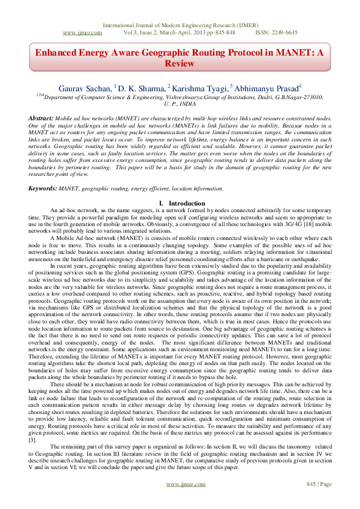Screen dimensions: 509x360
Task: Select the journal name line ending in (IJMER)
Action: pyautogui.click(x=180, y=25)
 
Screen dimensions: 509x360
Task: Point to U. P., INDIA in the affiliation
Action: pyautogui.click(x=180, y=103)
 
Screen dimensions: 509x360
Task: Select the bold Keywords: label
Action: pyautogui.click(x=43, y=189)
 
